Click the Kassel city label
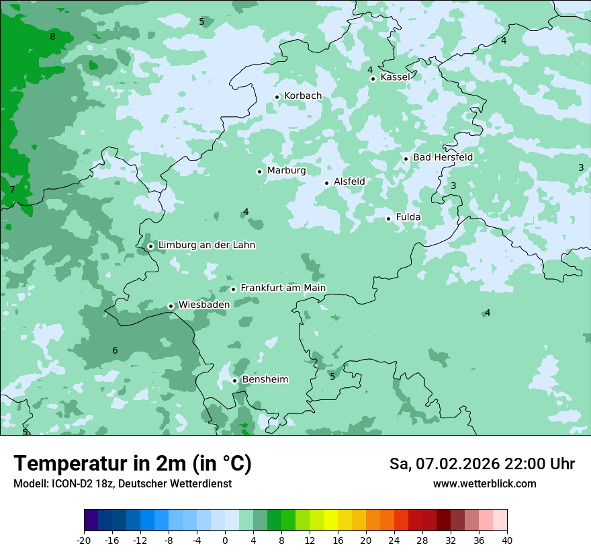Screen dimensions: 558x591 pyautogui.click(x=395, y=77)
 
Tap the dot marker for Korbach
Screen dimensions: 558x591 pyautogui.click(x=277, y=97)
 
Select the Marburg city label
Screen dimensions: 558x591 pyautogui.click(x=286, y=171)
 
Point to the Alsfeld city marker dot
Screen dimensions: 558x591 pyautogui.click(x=326, y=183)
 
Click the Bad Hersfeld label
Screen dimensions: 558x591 pyautogui.click(x=443, y=157)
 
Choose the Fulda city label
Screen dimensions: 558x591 pyautogui.click(x=408, y=217)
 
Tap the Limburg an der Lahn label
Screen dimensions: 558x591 pyautogui.click(x=206, y=245)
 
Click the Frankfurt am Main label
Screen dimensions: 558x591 pyautogui.click(x=283, y=288)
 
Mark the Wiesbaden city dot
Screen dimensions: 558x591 pyautogui.click(x=171, y=306)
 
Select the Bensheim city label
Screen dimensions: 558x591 pyautogui.click(x=265, y=380)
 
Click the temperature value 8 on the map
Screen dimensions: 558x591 pyautogui.click(x=52, y=36)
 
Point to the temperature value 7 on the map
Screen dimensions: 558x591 pyautogui.click(x=12, y=190)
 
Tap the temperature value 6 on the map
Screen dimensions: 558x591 pyautogui.click(x=115, y=350)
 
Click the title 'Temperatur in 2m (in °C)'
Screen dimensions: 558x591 pyautogui.click(x=132, y=463)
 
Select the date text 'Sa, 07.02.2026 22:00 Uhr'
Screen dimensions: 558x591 pyautogui.click(x=482, y=464)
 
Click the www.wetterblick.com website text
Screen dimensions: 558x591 pyautogui.click(x=484, y=484)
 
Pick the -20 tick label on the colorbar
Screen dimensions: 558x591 pyautogui.click(x=84, y=540)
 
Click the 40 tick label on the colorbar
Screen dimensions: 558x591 pyautogui.click(x=507, y=540)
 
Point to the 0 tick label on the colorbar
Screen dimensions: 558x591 pyautogui.click(x=225, y=540)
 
